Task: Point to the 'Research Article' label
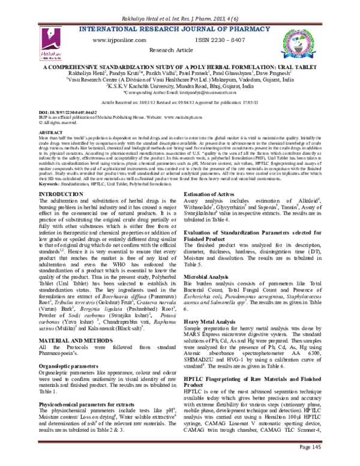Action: click(179, 52)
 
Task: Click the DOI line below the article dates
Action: click(71, 112)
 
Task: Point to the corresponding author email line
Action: click(179, 93)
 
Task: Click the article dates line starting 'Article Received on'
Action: click(179, 103)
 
